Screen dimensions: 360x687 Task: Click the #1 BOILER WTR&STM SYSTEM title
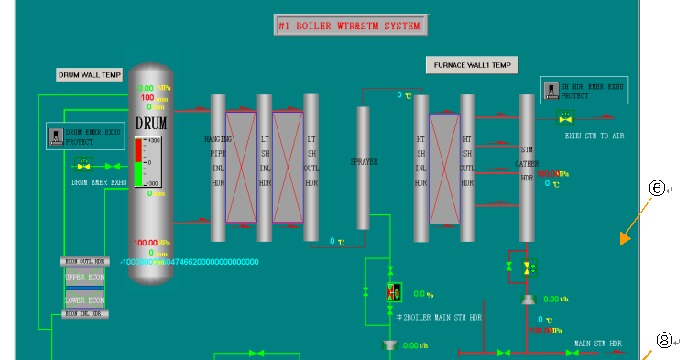click(x=350, y=26)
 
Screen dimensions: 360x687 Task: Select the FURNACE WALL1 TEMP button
click(x=472, y=65)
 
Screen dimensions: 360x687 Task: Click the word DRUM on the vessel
click(x=151, y=123)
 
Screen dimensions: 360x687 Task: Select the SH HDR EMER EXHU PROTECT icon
click(x=551, y=90)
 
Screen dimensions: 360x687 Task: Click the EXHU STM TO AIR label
click(x=594, y=136)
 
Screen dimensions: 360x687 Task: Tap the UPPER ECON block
click(x=86, y=276)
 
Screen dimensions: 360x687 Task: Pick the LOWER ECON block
click(x=86, y=300)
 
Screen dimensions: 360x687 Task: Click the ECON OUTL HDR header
click(x=85, y=261)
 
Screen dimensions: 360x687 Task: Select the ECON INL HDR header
click(x=85, y=314)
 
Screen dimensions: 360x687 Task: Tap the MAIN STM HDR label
click(x=598, y=343)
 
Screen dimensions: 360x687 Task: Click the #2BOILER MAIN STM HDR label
click(x=439, y=317)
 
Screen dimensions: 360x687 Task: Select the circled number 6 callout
click(x=656, y=188)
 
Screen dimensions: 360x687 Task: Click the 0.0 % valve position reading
click(x=422, y=294)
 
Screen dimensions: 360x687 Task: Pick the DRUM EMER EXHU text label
click(x=100, y=182)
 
